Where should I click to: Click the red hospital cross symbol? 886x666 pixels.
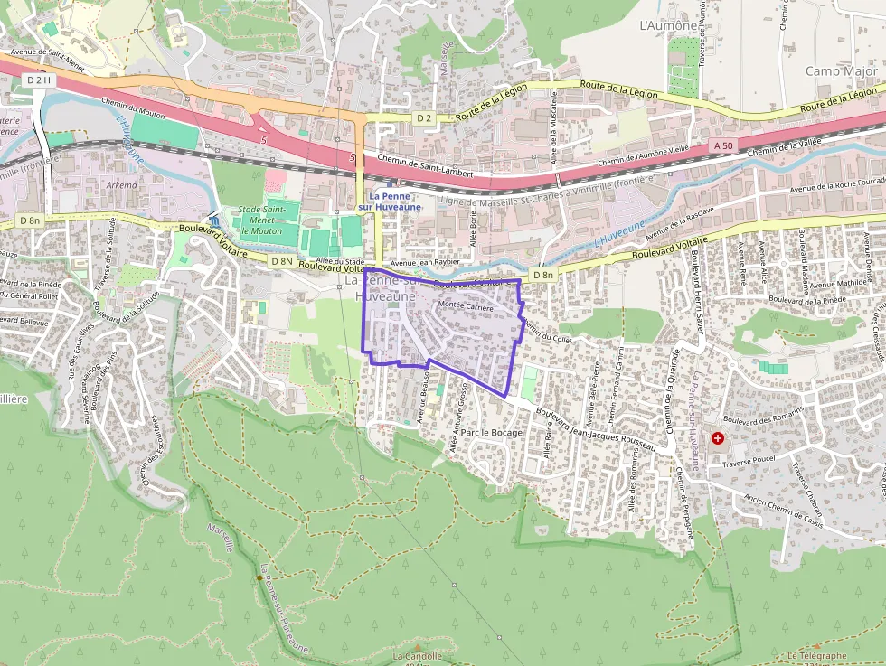718,438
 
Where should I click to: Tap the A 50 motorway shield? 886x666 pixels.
723,145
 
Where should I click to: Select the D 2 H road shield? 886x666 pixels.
40,80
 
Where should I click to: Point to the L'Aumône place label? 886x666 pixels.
668,26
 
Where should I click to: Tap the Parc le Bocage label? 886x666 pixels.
492,433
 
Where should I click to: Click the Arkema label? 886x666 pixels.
122,185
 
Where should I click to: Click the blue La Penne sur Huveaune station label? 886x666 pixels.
395,202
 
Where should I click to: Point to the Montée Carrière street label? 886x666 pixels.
465,306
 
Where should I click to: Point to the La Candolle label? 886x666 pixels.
418,656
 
